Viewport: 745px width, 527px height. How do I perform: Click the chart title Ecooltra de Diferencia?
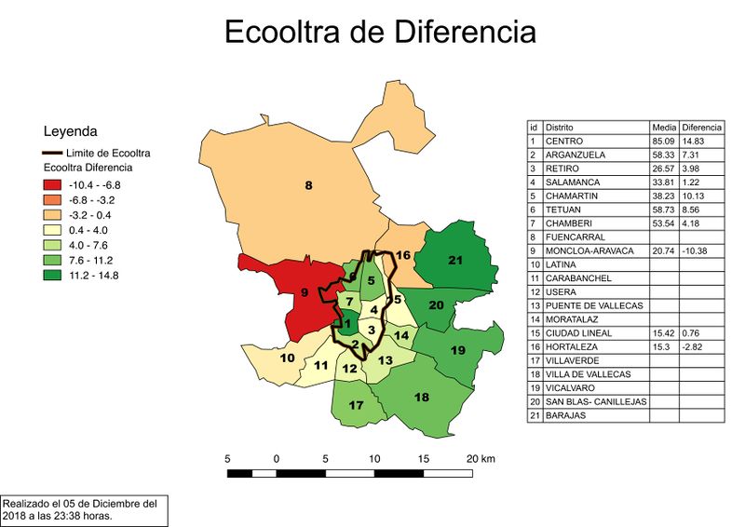pos(380,32)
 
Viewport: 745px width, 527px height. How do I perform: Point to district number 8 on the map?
pos(309,185)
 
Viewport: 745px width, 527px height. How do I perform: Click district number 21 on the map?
pos(455,260)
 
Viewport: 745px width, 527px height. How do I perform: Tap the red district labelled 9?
pos(304,294)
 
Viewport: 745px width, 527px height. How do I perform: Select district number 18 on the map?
pos(422,398)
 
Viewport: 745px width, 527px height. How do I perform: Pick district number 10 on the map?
pos(288,358)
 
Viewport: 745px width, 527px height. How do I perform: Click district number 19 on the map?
pos(457,350)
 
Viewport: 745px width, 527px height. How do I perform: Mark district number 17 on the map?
pos(356,406)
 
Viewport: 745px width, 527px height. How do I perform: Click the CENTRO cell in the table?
pos(565,141)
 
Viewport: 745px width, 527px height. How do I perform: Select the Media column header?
pos(663,127)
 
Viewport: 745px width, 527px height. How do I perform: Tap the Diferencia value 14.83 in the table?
pos(695,141)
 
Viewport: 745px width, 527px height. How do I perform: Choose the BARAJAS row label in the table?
pos(566,415)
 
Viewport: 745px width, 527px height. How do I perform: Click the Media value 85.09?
pos(663,141)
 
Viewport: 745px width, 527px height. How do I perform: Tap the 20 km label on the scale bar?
pos(481,459)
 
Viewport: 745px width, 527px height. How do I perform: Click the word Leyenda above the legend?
pos(71,131)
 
